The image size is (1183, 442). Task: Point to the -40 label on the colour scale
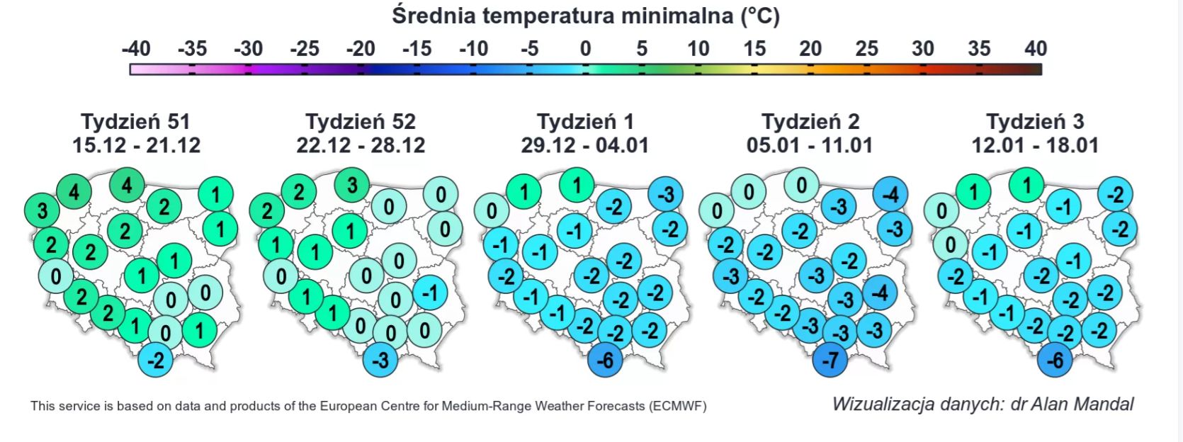(x=136, y=49)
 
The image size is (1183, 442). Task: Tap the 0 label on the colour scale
(x=585, y=49)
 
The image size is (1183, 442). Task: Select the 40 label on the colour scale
(x=1035, y=49)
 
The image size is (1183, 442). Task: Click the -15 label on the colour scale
(x=417, y=49)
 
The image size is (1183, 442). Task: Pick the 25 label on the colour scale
(x=866, y=49)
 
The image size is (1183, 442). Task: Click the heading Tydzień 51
(x=135, y=121)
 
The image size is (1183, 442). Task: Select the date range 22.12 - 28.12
(x=361, y=146)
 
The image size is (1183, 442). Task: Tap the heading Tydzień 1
(x=585, y=121)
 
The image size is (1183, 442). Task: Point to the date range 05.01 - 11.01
(x=810, y=146)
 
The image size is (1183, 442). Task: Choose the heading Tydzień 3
(x=1035, y=121)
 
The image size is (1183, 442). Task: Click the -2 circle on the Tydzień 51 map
(x=156, y=361)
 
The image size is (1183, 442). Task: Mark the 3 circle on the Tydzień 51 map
(x=43, y=210)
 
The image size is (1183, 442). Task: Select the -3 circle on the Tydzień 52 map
(x=380, y=361)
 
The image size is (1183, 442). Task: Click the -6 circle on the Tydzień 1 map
(x=605, y=361)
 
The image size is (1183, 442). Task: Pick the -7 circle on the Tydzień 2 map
(x=830, y=361)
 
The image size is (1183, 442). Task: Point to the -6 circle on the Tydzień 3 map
(x=1055, y=361)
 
